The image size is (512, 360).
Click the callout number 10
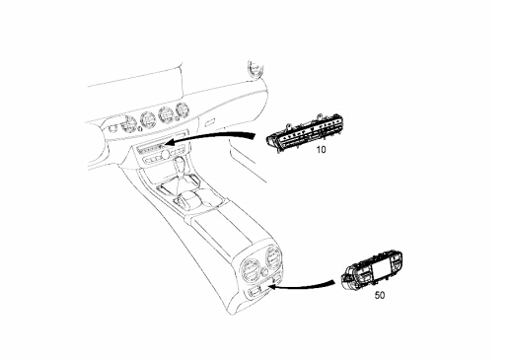click(x=321, y=150)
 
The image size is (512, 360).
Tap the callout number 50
click(x=380, y=295)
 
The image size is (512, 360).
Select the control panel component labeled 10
click(x=303, y=133)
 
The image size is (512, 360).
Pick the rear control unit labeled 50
click(x=372, y=270)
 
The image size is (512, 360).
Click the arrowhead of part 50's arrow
click(x=271, y=287)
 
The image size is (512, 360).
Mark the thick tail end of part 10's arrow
click(x=255, y=135)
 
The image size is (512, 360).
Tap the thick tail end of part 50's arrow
click(x=333, y=282)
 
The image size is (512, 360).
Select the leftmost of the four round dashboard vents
click(x=128, y=124)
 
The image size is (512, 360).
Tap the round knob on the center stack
click(x=165, y=154)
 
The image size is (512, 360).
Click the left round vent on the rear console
click(x=251, y=269)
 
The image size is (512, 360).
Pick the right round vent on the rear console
click(x=272, y=256)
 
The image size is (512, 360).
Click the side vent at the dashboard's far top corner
click(x=256, y=68)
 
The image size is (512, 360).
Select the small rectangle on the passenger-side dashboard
click(x=210, y=123)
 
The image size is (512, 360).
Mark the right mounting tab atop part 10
click(x=320, y=117)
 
